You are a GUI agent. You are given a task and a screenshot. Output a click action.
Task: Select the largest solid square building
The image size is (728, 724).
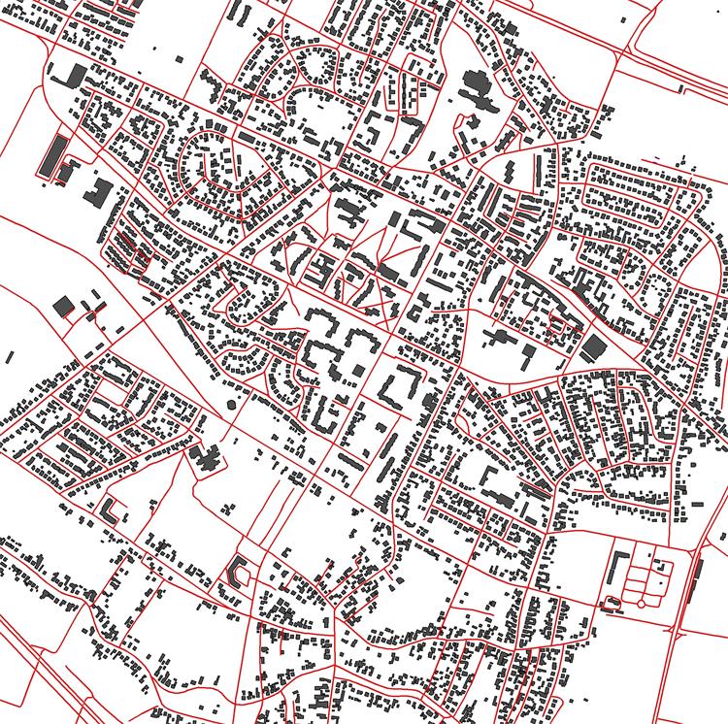tap(592, 347)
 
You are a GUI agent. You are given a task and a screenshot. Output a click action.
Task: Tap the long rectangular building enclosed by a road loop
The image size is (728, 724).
tap(53, 155)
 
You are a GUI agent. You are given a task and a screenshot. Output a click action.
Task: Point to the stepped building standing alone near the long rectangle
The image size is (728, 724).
tap(98, 190)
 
